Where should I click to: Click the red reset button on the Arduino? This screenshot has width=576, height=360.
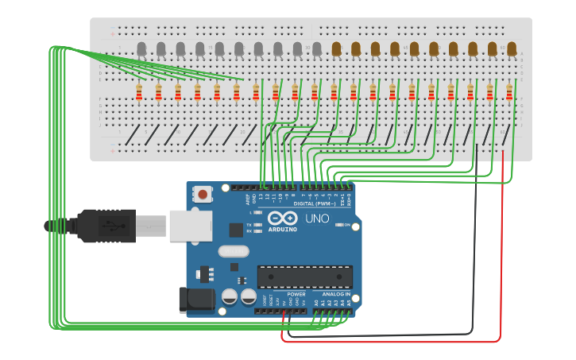pyautogui.click(x=203, y=194)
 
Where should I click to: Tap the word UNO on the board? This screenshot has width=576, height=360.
pyautogui.click(x=317, y=219)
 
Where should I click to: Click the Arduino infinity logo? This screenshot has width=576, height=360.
pyautogui.click(x=282, y=219)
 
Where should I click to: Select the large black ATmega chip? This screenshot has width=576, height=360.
pyautogui.click(x=304, y=277)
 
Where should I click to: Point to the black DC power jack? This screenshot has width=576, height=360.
pyautogui.click(x=195, y=299)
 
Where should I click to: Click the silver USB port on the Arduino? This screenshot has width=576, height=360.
pyautogui.click(x=191, y=226)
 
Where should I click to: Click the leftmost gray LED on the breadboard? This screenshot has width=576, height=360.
pyautogui.click(x=141, y=50)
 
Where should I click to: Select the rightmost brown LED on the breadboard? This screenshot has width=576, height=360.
pyautogui.click(x=512, y=50)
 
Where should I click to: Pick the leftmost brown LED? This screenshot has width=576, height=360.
pyautogui.click(x=336, y=50)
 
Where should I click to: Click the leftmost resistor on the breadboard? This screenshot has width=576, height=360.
pyautogui.click(x=139, y=93)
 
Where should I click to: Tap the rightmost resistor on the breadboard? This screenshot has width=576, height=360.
pyautogui.click(x=509, y=93)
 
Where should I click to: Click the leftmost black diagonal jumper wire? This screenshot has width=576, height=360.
pyautogui.click(x=133, y=134)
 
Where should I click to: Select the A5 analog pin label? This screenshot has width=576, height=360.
pyautogui.click(x=349, y=303)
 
